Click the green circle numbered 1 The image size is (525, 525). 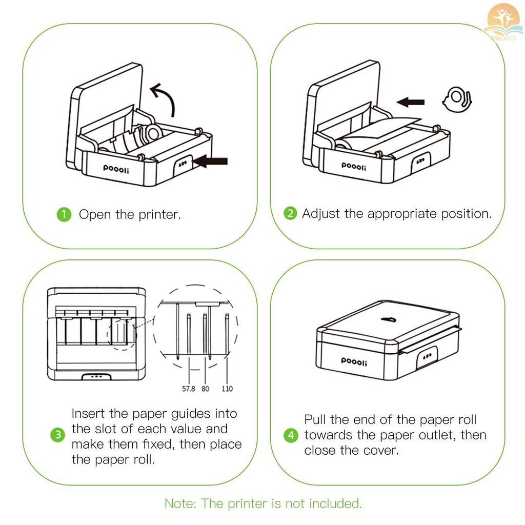63,214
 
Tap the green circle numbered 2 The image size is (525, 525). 291,213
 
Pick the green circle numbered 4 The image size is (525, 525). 291,435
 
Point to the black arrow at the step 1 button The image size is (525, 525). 210,161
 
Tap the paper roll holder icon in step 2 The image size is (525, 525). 457,99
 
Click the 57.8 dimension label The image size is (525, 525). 189,389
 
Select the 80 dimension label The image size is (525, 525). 206,389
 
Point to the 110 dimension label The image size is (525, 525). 227,389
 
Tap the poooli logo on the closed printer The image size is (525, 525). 354,362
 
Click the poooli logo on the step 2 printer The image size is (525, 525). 354,165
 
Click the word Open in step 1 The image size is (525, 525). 95,214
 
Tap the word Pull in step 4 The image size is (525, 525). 315,420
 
